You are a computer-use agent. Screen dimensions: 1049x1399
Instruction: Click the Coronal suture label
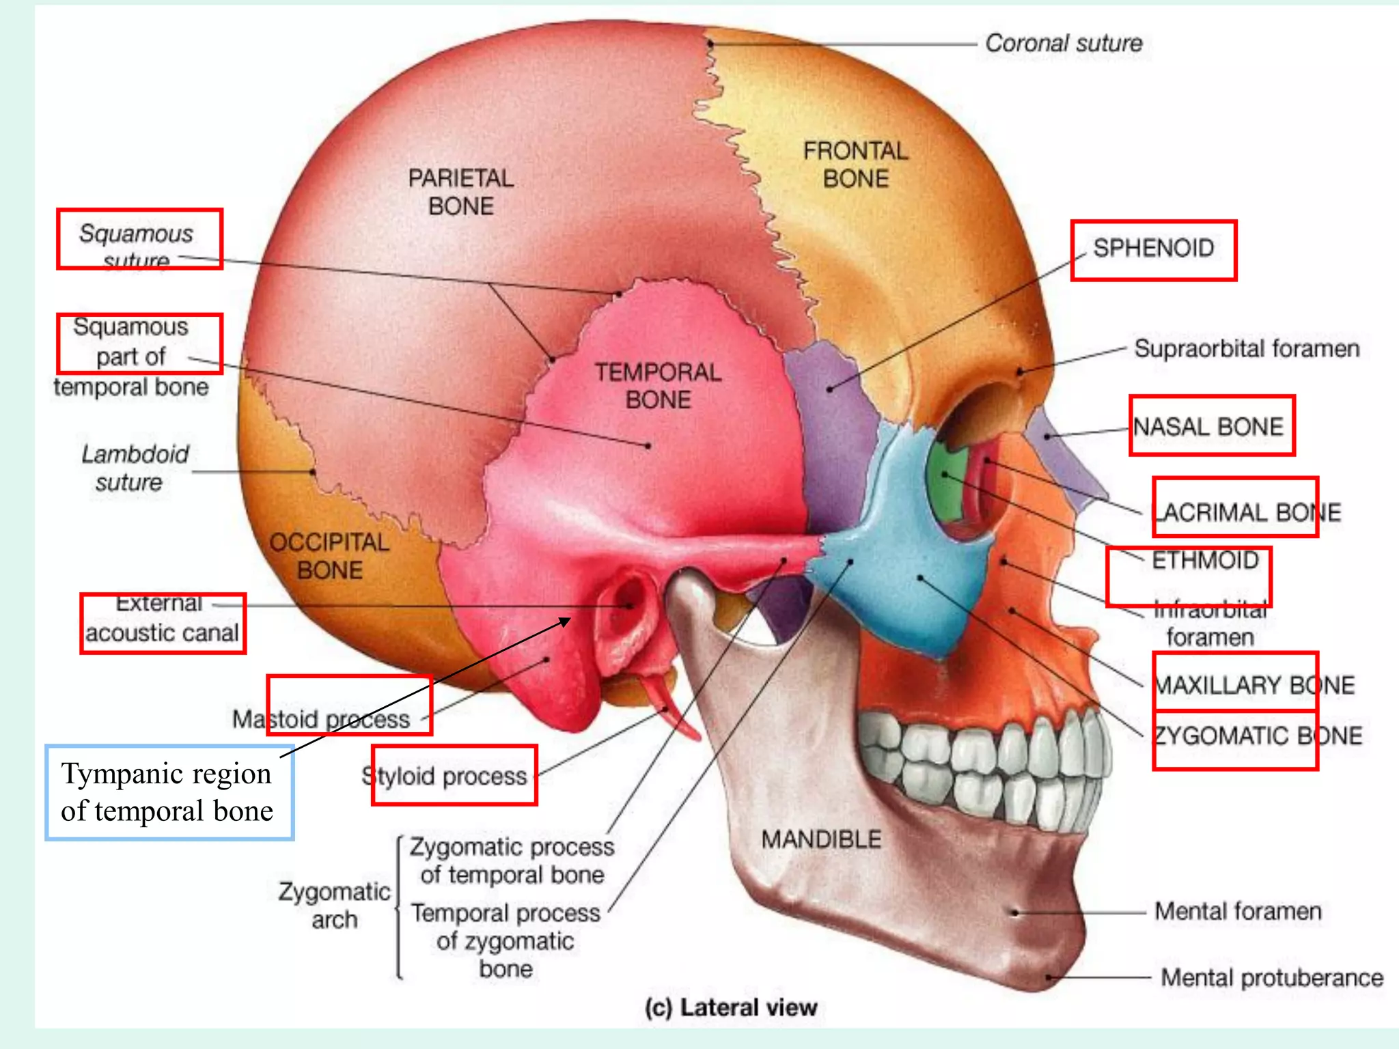click(1063, 44)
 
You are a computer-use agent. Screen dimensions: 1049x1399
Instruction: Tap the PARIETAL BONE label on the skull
click(461, 192)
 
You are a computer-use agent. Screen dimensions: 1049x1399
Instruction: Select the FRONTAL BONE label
click(855, 165)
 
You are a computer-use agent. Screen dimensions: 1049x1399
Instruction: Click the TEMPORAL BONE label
click(658, 386)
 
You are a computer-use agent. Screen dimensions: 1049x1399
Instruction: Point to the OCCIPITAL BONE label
click(329, 556)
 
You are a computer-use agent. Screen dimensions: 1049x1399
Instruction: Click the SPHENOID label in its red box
click(1153, 249)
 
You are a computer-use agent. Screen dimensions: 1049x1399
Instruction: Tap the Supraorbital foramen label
click(1247, 349)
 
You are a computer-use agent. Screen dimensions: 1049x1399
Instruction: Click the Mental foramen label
click(1238, 911)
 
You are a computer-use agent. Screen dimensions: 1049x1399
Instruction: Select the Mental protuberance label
click(1272, 978)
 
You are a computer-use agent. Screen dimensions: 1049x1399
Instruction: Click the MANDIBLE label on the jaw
click(821, 839)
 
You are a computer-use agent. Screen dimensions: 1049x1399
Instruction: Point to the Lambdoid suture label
click(135, 468)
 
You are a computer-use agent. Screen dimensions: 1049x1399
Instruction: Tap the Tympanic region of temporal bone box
click(169, 792)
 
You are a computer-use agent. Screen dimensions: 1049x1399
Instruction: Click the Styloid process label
click(445, 777)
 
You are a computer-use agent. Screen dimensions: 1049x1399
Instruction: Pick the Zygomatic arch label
click(334, 906)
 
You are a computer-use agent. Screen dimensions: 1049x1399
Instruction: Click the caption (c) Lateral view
click(731, 1007)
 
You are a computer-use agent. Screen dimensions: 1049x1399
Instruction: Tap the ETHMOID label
click(1205, 561)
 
